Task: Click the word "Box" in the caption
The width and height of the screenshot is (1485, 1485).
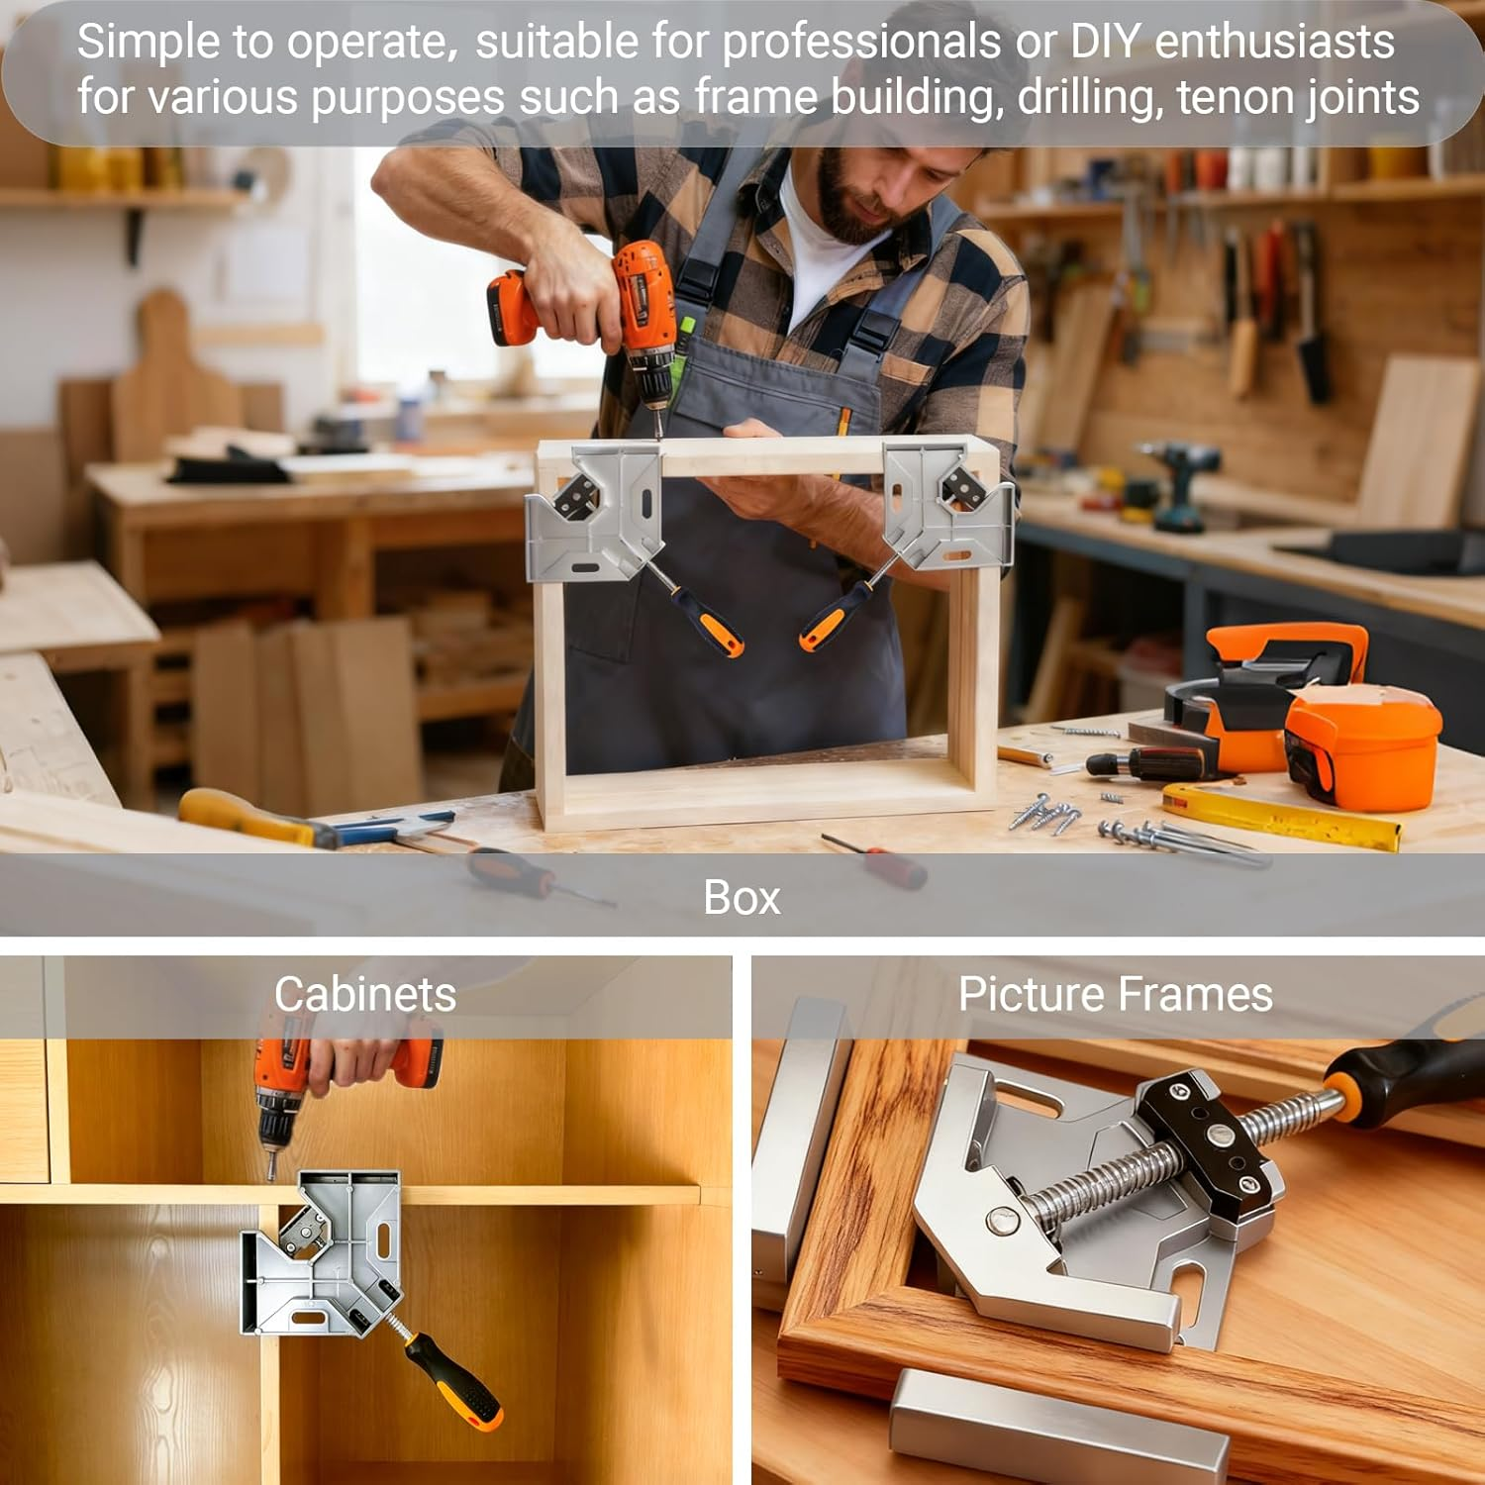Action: click(x=742, y=897)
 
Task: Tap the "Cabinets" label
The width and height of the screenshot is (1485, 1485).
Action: click(x=364, y=994)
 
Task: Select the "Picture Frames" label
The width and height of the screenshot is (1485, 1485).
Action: click(x=1115, y=994)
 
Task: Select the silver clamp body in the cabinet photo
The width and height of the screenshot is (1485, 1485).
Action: click(x=322, y=1252)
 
